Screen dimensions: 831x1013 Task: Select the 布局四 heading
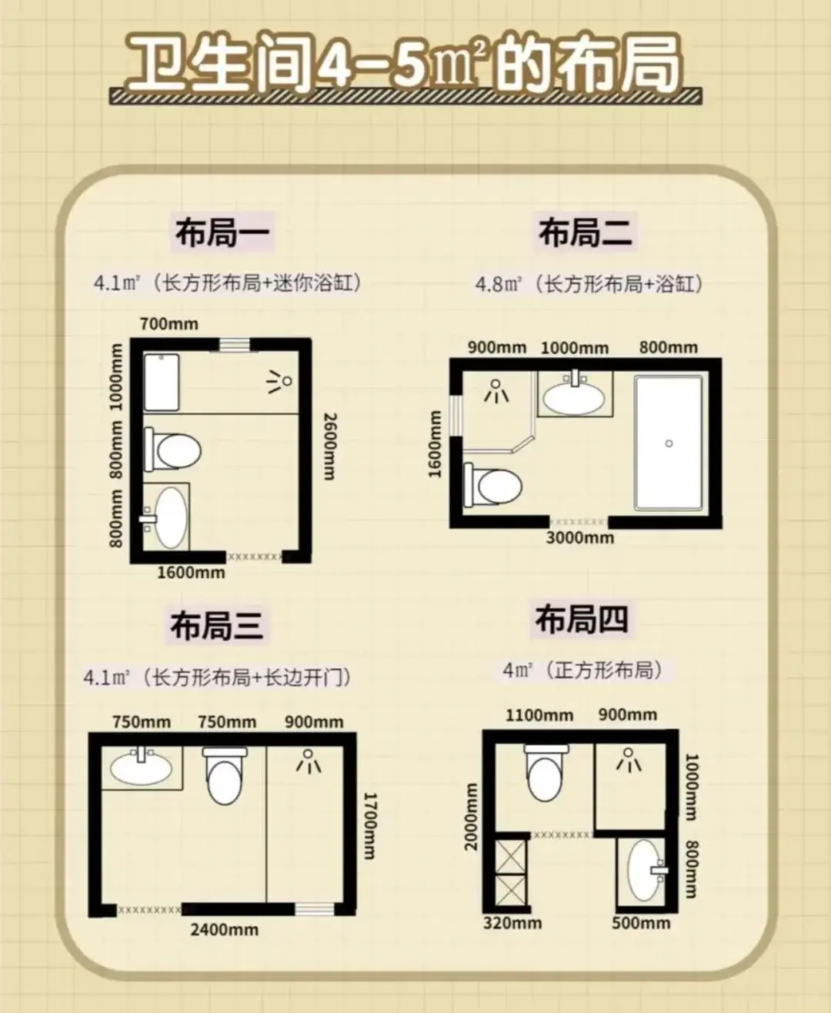pos(582,619)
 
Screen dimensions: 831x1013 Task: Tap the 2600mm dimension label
pos(329,446)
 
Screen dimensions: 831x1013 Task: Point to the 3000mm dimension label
pos(580,537)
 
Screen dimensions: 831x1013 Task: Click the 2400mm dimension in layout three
pos(224,930)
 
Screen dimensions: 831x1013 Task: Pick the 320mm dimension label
pos(512,923)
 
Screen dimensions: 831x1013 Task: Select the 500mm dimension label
pos(641,923)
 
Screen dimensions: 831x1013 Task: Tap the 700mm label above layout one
pos(169,324)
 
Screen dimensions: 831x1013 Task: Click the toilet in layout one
pos(173,450)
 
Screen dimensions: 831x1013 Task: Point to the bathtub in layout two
pos(669,443)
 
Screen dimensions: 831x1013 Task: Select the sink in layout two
pos(574,394)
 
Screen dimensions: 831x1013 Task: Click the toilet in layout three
pos(224,775)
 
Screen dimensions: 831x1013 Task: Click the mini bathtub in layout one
pos(162,383)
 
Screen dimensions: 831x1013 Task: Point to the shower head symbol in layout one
pos(279,382)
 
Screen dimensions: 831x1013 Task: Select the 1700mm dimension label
pos(369,826)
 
